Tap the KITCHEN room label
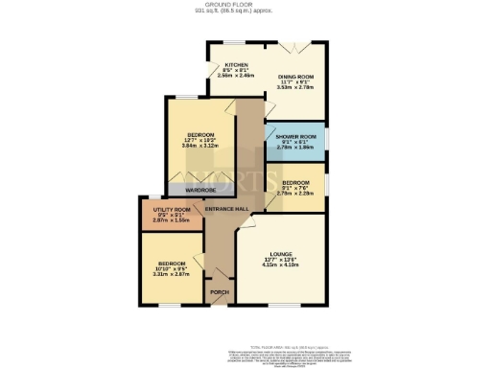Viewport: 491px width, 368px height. click(223, 64)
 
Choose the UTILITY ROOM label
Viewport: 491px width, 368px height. click(172, 209)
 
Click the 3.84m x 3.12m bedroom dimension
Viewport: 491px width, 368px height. click(200, 145)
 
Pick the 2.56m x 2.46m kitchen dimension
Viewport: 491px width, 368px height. click(223, 76)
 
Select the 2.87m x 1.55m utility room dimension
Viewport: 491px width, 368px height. click(172, 220)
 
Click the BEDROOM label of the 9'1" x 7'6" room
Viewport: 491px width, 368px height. click(295, 180)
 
